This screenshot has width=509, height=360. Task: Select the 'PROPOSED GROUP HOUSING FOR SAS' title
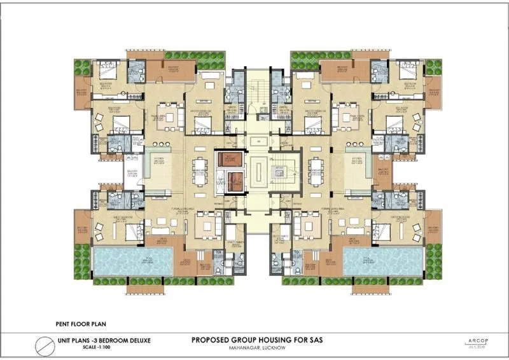click(254, 340)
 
